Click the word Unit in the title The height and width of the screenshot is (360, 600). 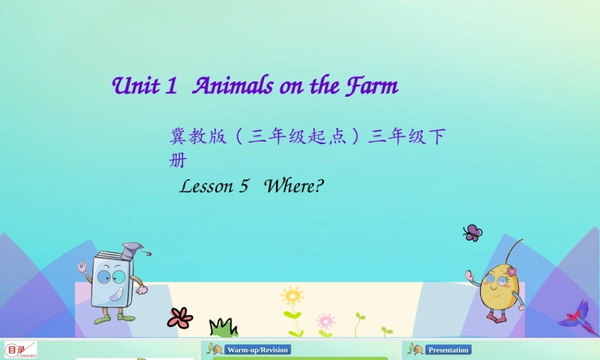click(136, 86)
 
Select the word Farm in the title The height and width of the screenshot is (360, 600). click(371, 86)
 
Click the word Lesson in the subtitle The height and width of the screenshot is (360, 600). click(206, 186)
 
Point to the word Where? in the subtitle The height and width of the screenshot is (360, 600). click(294, 186)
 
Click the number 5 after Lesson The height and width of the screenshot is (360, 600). click(244, 186)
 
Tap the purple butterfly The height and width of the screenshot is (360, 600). click(473, 233)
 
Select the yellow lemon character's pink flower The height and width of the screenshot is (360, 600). click(511, 272)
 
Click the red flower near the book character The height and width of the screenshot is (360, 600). click(179, 317)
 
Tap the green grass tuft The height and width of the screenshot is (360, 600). click(223, 328)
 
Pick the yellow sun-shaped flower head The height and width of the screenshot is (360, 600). click(292, 296)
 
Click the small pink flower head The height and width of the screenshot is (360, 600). click(325, 320)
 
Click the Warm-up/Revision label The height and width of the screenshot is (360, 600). click(258, 350)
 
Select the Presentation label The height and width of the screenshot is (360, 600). click(448, 350)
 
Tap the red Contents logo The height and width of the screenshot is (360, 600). click(21, 350)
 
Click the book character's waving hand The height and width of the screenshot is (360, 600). click(82, 266)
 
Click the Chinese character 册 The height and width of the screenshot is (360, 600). click(178, 161)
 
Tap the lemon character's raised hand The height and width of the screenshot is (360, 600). click(470, 275)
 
